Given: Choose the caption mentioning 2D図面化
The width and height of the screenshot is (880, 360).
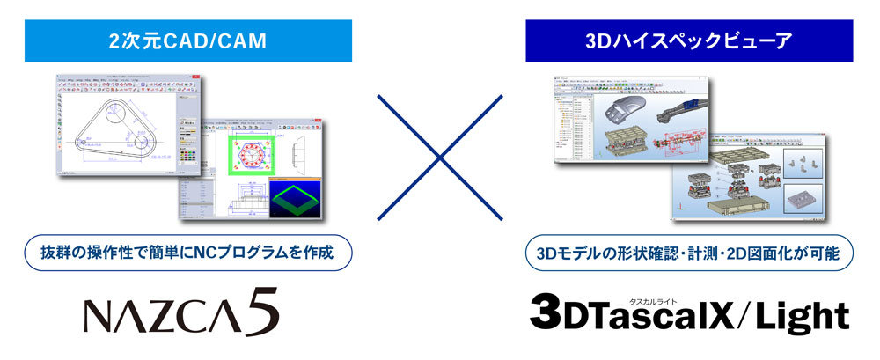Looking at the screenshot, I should click(688, 253).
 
